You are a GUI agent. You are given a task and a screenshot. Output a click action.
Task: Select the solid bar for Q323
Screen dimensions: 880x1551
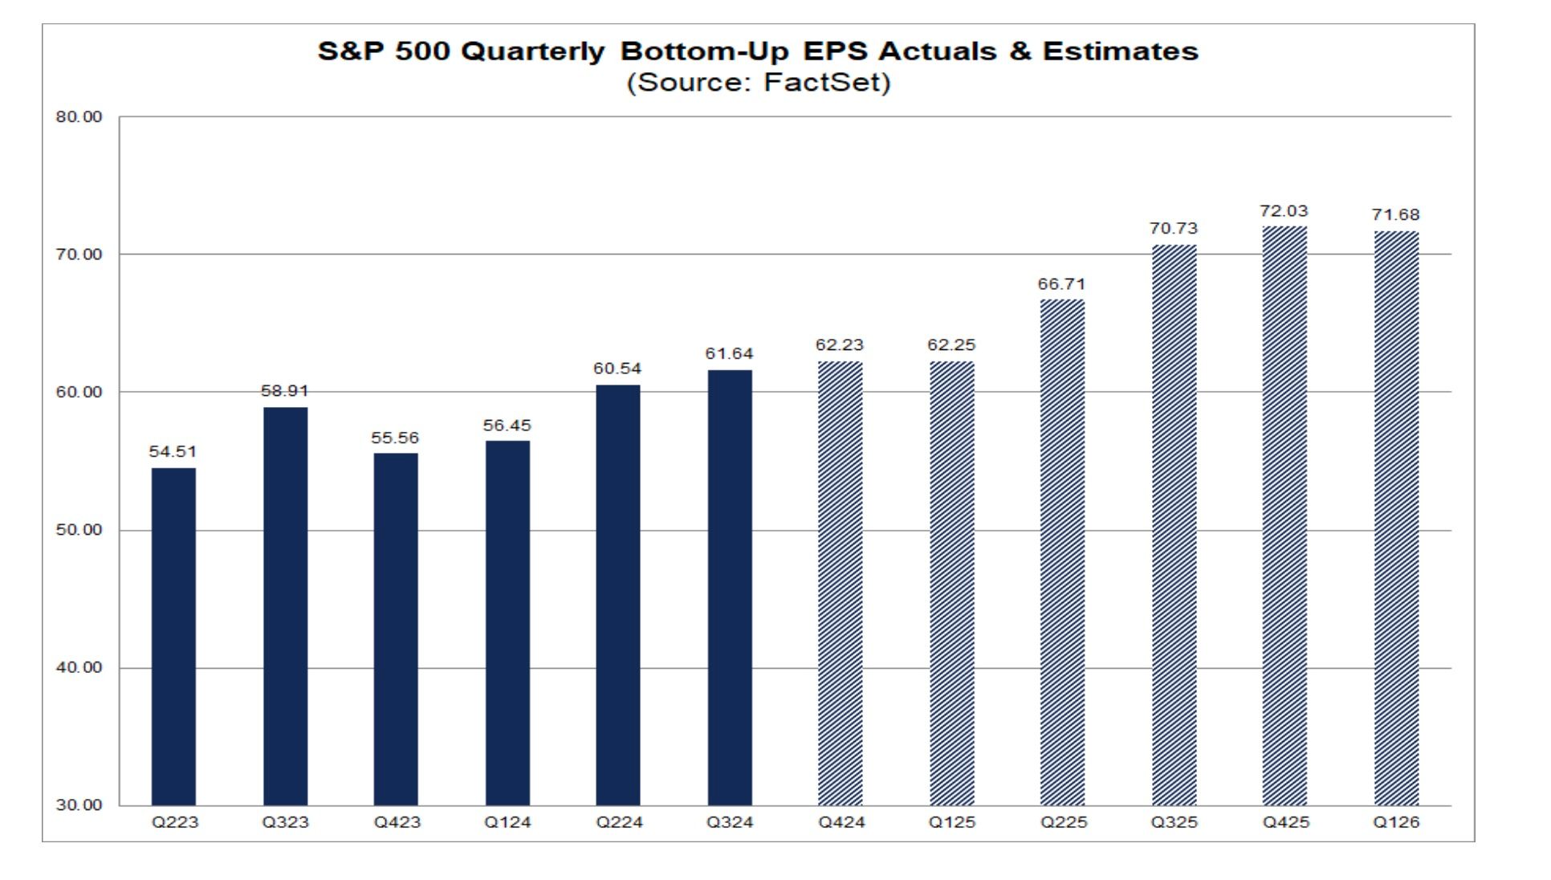click(x=285, y=606)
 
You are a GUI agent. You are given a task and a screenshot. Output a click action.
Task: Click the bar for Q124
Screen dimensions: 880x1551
click(x=507, y=622)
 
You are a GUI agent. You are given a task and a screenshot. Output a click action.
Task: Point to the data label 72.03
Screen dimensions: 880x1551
click(x=1284, y=211)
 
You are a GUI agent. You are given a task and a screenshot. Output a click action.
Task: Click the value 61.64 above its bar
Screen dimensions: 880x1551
click(x=729, y=354)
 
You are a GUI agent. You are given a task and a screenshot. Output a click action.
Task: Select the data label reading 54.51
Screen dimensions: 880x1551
click(x=173, y=452)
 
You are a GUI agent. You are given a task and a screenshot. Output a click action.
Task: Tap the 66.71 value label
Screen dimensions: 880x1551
click(x=1061, y=284)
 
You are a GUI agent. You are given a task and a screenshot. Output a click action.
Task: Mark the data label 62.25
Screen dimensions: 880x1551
click(x=951, y=345)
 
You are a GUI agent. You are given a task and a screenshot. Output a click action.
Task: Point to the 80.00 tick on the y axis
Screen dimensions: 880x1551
click(x=79, y=117)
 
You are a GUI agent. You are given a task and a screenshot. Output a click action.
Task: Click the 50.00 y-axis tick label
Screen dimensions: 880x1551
click(x=79, y=530)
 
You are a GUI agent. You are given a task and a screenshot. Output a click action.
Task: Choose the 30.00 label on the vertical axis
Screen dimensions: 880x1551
click(x=79, y=805)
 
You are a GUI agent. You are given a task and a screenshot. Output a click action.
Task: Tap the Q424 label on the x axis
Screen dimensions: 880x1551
click(x=841, y=822)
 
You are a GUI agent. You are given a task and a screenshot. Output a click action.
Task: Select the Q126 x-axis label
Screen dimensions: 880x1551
click(x=1396, y=822)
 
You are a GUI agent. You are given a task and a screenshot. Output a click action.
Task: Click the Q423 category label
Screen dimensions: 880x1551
click(x=396, y=822)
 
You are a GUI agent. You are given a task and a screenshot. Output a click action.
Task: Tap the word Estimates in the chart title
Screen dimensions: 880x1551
click(x=1120, y=51)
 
